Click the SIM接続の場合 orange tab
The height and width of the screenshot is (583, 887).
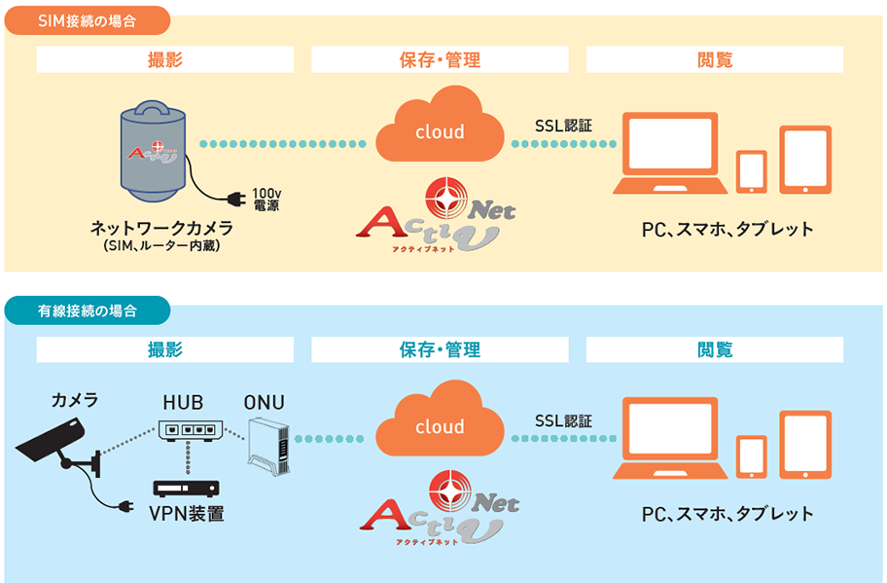pos(88,18)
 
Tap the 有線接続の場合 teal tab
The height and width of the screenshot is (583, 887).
pos(88,311)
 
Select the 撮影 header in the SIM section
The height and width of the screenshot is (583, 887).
pos(165,59)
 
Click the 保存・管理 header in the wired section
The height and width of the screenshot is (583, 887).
pos(440,349)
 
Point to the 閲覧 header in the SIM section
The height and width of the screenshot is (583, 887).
pos(715,59)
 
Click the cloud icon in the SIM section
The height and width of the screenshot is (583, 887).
pos(440,127)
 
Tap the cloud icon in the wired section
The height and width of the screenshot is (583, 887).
pos(440,421)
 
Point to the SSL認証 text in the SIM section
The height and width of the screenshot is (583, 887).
pos(563,126)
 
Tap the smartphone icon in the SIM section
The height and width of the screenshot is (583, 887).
pos(751,171)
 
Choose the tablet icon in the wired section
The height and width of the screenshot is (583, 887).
pos(805,444)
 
